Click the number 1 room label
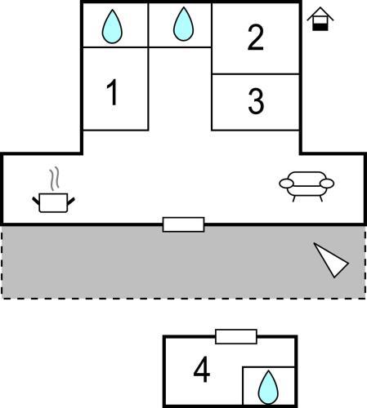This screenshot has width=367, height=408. [x=113, y=92]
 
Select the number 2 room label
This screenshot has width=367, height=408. [x=256, y=38]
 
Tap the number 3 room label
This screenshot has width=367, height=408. [x=256, y=101]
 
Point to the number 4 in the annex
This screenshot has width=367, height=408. [x=202, y=370]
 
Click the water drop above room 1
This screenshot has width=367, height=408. [x=112, y=26]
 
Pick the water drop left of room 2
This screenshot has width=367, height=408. [x=184, y=24]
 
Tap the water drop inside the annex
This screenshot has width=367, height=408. [x=268, y=387]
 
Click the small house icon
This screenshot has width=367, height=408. [x=320, y=19]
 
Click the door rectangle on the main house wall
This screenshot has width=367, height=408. [x=183, y=224]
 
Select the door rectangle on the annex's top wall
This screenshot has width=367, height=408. [x=236, y=337]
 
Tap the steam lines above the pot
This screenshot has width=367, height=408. [x=54, y=178]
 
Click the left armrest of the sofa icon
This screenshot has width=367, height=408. [x=286, y=184]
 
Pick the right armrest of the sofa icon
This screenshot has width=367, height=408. [x=327, y=184]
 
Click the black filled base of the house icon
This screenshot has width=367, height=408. [x=320, y=27]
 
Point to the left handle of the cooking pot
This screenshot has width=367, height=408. [x=36, y=201]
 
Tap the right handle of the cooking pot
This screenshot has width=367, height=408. [x=71, y=201]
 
